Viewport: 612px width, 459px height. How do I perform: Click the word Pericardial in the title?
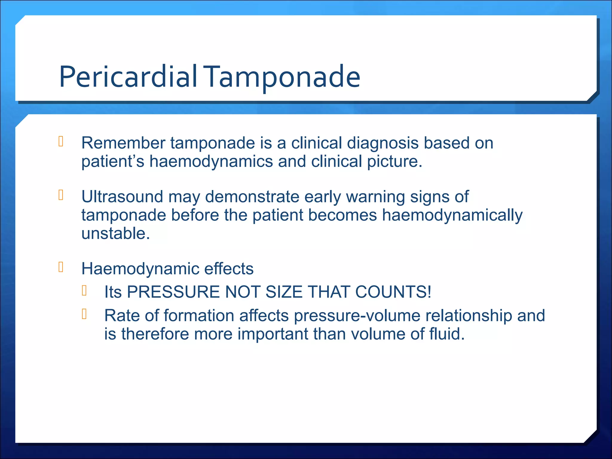(x=128, y=77)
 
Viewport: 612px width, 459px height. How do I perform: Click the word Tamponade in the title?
(x=283, y=77)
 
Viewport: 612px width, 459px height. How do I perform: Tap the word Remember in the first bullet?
(x=123, y=143)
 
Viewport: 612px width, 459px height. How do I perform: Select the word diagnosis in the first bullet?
(x=383, y=143)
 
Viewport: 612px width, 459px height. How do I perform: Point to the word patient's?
(x=113, y=161)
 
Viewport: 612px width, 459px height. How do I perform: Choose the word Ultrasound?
(x=122, y=197)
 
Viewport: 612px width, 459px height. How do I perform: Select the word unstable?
(x=115, y=233)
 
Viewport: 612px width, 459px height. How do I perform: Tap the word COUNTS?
(x=393, y=292)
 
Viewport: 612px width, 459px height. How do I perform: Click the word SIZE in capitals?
(x=284, y=292)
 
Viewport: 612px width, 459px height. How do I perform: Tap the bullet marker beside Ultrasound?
(x=61, y=195)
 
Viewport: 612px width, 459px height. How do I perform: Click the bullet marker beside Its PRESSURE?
(x=84, y=290)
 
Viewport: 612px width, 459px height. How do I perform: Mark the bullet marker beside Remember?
(x=61, y=141)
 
